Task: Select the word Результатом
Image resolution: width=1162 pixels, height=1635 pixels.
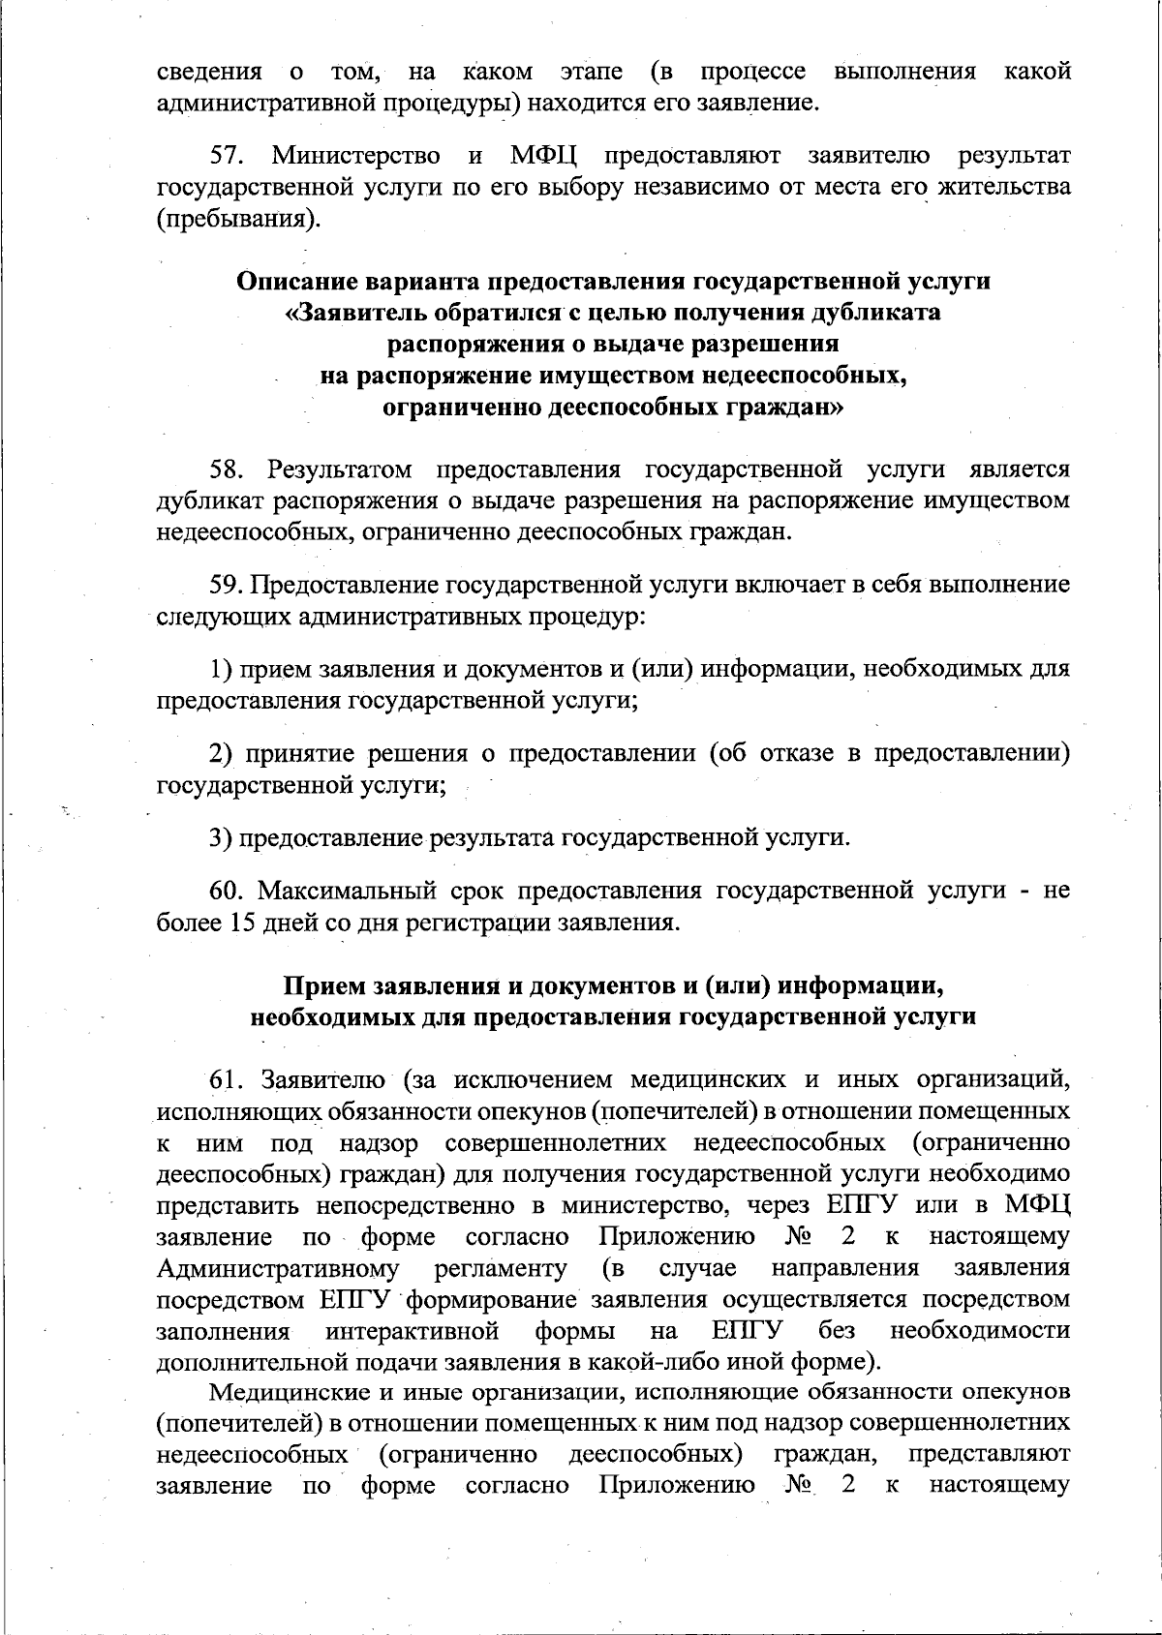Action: click(x=340, y=469)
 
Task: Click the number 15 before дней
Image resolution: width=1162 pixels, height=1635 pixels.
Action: click(x=241, y=922)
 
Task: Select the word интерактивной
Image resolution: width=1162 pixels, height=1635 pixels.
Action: click(x=413, y=1330)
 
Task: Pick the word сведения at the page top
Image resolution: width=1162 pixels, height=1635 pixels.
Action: click(x=208, y=72)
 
